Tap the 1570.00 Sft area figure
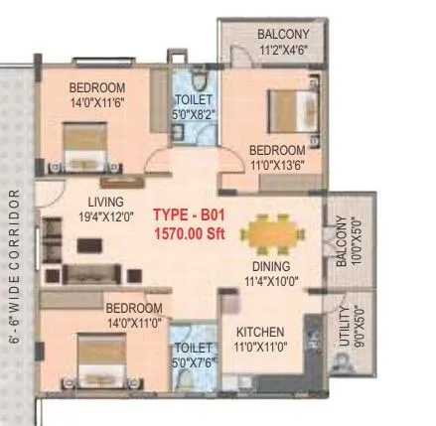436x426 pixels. click(187, 234)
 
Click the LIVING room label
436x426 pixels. click(104, 201)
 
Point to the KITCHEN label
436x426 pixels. click(260, 331)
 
